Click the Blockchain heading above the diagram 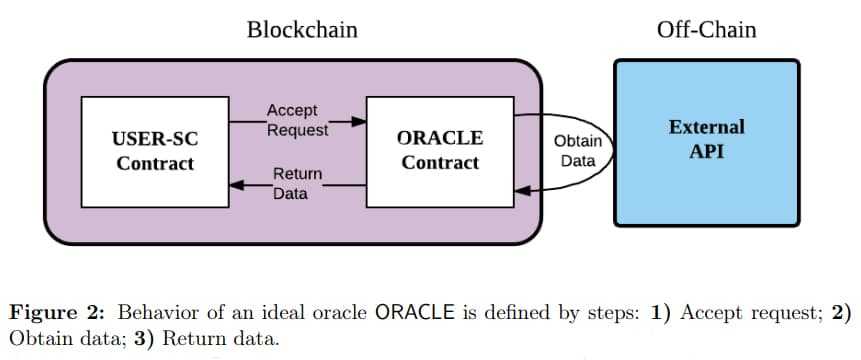click(x=302, y=30)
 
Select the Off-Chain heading click(x=706, y=30)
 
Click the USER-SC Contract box click(x=155, y=151)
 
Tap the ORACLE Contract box click(x=440, y=151)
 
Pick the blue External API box click(x=706, y=141)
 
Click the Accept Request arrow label click(x=297, y=120)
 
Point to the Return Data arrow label click(x=297, y=184)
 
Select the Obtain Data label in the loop click(x=578, y=151)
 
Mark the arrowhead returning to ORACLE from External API click(x=520, y=191)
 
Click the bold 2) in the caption click(x=840, y=312)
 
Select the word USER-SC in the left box click(x=155, y=138)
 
